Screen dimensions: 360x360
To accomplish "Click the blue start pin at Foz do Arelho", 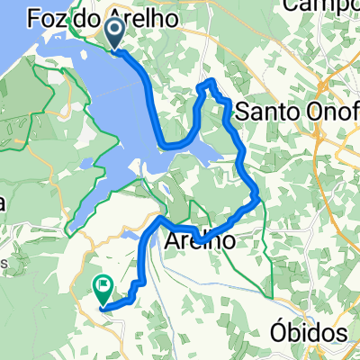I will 117,36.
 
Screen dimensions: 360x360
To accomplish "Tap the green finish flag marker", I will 102,290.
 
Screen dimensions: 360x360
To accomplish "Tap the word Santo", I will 267,112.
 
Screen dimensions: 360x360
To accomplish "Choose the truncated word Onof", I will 331,112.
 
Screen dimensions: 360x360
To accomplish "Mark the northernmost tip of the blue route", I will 211,81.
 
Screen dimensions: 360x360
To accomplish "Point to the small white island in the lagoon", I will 143,172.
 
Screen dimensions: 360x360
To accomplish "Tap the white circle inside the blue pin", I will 117,32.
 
